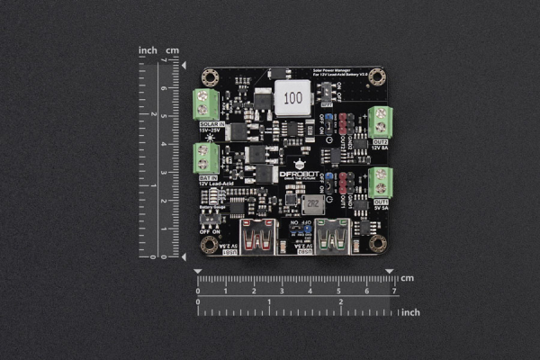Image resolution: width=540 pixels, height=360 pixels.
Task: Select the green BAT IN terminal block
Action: [x=207, y=158]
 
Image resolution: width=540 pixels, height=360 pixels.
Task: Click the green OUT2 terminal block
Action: [x=380, y=121]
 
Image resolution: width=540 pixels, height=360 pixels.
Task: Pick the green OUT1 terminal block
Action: [x=380, y=182]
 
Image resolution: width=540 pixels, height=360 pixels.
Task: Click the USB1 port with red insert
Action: [x=258, y=237]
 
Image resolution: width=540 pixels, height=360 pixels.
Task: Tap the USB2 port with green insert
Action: [x=331, y=237]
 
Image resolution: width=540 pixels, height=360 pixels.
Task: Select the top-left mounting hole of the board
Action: [x=209, y=76]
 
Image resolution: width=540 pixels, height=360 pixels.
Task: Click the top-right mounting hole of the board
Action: [x=378, y=76]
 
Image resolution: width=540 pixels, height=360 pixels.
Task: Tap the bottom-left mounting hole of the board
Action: [x=209, y=244]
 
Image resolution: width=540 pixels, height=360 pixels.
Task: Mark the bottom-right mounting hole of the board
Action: [x=378, y=244]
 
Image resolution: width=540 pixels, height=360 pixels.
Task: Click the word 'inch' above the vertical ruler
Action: [x=148, y=50]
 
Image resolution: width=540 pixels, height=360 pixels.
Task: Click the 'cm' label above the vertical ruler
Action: [x=173, y=50]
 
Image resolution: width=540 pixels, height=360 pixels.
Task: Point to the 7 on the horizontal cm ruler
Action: [x=393, y=291]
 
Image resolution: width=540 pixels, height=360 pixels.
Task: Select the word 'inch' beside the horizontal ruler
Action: [x=410, y=312]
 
